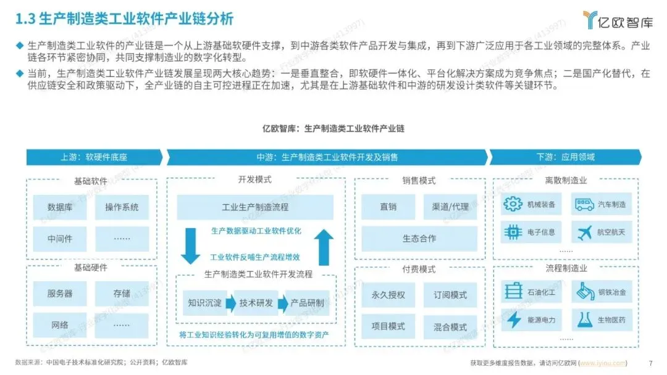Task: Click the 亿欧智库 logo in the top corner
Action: click(618, 20)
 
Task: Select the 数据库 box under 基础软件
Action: click(60, 207)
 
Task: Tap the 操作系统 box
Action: click(122, 207)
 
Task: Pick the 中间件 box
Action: click(60, 238)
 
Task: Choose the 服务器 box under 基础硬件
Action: click(60, 294)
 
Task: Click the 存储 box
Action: click(122, 294)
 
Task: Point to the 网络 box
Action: click(60, 324)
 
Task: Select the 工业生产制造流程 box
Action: click(255, 207)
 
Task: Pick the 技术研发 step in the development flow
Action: click(256, 303)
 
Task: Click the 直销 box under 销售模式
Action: click(388, 207)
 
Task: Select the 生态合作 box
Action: click(419, 238)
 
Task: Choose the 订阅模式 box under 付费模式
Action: click(450, 295)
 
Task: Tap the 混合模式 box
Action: click(450, 327)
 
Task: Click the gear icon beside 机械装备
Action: click(513, 204)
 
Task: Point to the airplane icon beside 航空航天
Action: click(584, 233)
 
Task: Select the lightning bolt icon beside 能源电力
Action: click(514, 319)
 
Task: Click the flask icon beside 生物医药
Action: click(584, 319)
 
